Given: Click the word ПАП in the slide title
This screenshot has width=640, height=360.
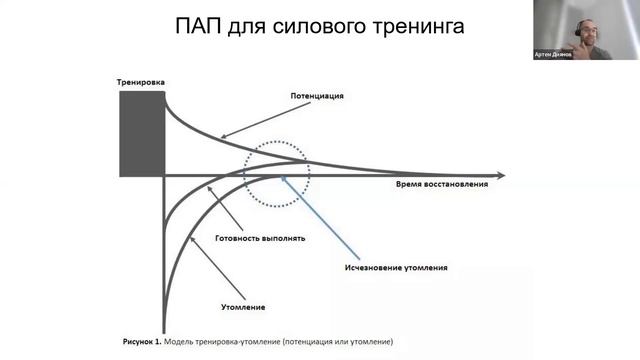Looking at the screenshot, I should [199, 27].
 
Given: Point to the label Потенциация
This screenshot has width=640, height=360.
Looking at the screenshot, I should [318, 96].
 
